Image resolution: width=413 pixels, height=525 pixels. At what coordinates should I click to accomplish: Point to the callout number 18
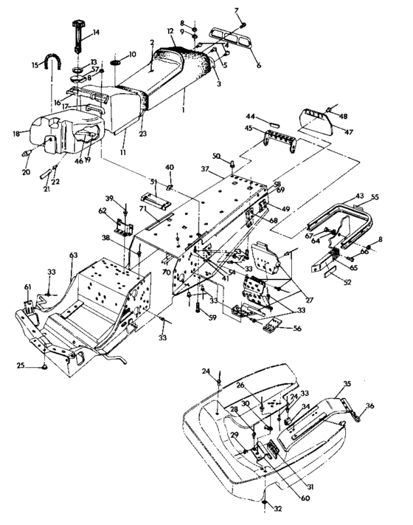point(17,133)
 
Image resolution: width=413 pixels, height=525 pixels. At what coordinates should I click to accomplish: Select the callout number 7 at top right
point(237,10)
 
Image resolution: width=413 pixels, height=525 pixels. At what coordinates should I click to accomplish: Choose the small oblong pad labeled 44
point(271,117)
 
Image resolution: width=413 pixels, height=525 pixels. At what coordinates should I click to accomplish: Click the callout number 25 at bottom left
point(21,365)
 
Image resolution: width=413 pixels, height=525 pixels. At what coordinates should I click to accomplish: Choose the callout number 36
point(370,405)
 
